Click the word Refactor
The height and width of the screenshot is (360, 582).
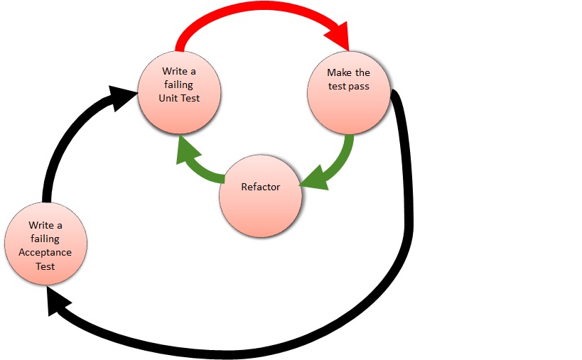(260, 187)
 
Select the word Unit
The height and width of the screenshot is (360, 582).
(170, 98)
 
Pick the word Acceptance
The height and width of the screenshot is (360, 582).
(45, 253)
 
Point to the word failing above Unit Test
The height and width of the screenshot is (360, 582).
(180, 85)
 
